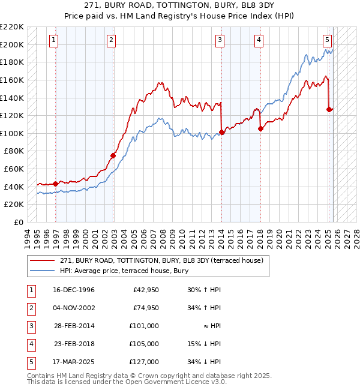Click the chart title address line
179,6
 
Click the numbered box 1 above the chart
54,40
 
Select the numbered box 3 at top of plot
220,40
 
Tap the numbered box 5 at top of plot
327,40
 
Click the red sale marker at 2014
221,132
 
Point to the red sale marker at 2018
260,128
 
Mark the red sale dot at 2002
113,155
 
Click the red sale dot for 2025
329,109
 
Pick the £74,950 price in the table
146,308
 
